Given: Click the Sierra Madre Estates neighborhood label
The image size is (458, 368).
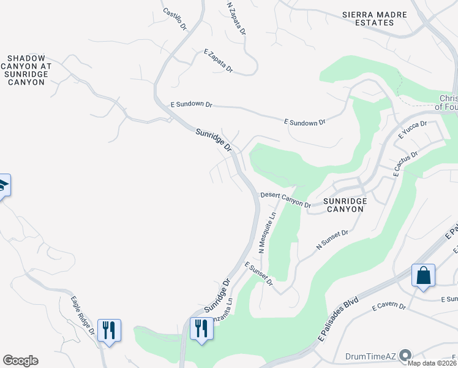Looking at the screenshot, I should click(367, 18).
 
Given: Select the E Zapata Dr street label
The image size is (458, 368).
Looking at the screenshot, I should click(219, 61).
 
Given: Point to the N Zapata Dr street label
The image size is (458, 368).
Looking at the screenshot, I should click(236, 18).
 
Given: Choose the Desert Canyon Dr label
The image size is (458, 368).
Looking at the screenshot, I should click(286, 199).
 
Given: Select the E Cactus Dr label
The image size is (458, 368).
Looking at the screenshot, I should click(406, 164).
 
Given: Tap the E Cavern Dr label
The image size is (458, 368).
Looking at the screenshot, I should click(388, 305).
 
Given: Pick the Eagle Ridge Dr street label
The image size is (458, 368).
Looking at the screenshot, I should click(82, 315).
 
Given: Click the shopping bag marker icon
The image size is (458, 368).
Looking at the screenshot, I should click(423, 277).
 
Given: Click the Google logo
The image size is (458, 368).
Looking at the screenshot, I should click(20, 361).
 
